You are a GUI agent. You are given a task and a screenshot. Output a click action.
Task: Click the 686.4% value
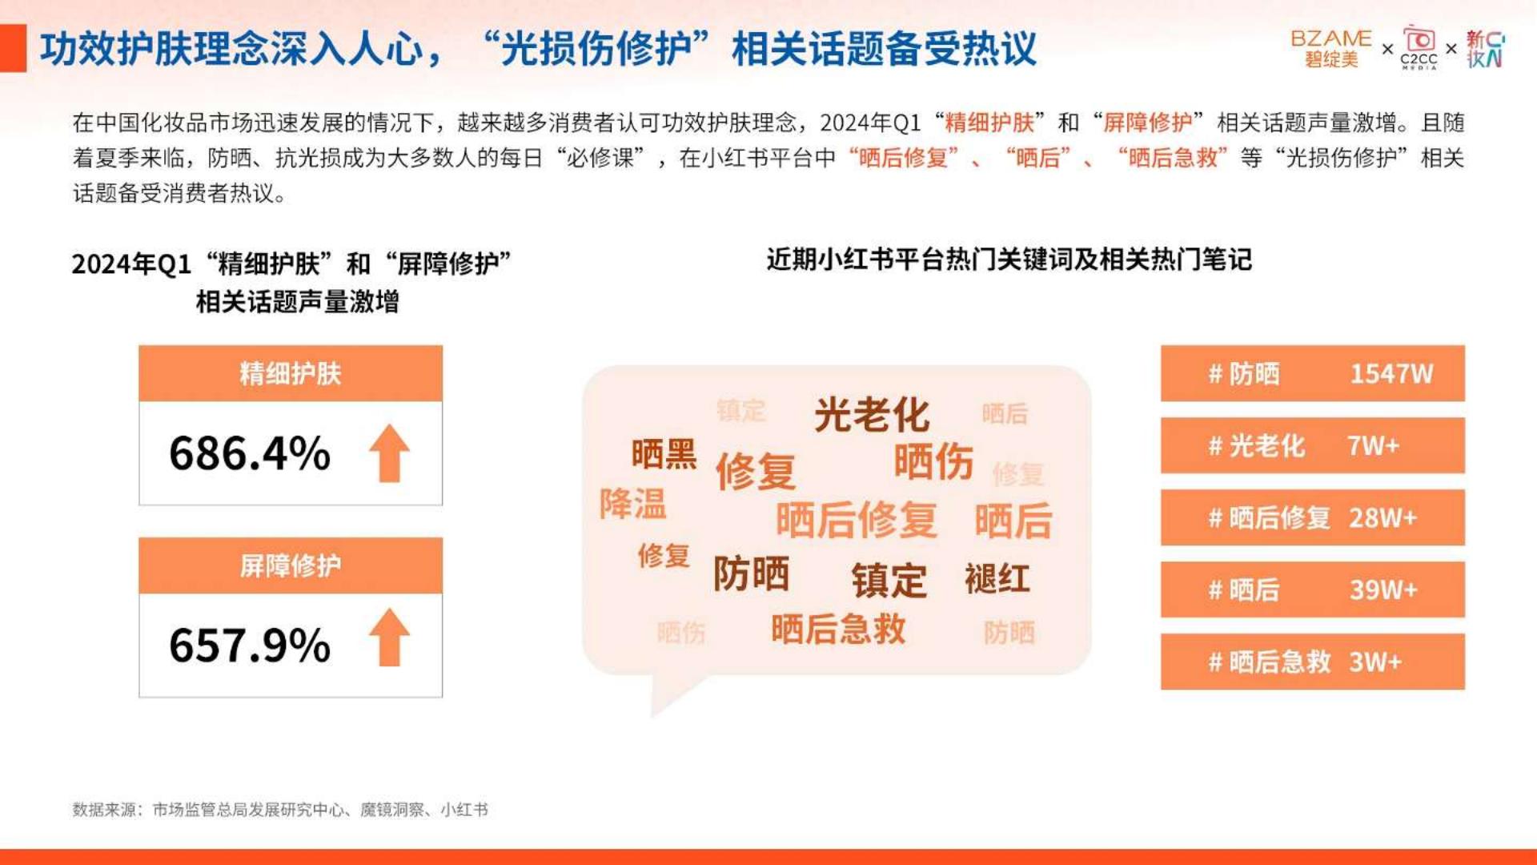coord(250,453)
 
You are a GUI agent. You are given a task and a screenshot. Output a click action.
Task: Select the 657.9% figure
coord(250,646)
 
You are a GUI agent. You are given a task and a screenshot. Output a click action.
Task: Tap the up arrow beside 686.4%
coord(389,453)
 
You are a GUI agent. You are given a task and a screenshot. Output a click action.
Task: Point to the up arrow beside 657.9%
coord(389,638)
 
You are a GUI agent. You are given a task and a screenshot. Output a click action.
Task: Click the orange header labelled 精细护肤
coord(291,373)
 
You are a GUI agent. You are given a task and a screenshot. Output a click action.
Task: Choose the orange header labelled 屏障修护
coord(291,565)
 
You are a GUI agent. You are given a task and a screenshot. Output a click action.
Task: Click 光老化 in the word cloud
coord(872,415)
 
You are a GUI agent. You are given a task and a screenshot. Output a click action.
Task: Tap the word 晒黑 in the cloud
coord(664,454)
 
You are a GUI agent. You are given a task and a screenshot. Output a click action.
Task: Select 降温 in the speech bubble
coord(632,505)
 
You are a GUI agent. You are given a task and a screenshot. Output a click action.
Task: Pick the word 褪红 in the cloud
coord(997,579)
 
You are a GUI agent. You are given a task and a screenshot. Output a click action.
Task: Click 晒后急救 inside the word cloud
coord(838,630)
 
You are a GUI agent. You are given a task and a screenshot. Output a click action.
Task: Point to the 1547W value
coord(1391,374)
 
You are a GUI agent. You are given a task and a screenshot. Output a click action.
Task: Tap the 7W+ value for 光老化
coord(1373,446)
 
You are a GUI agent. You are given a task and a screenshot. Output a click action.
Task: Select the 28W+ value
coord(1382,518)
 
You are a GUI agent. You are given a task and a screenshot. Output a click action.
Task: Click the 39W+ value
coord(1383,590)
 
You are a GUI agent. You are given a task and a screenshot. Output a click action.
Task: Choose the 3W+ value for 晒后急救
coord(1375,662)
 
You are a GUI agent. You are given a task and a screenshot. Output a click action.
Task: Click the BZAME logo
coord(1331,48)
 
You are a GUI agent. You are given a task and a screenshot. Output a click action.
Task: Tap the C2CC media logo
coord(1419,47)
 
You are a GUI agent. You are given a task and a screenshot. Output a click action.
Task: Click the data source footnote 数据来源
coord(280,810)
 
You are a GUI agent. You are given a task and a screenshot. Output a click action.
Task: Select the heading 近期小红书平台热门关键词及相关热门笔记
coord(1009,259)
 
